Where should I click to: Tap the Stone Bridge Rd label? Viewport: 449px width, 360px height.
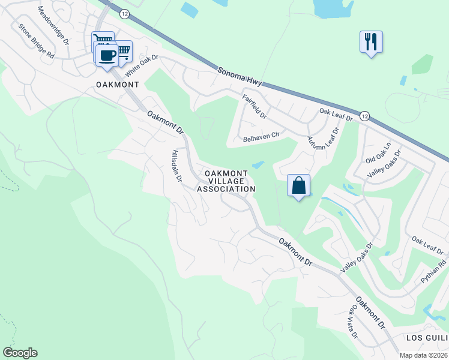tap(37, 40)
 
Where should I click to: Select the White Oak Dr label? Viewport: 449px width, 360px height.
tap(141, 65)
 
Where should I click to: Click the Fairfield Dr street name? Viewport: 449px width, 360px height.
tap(254, 106)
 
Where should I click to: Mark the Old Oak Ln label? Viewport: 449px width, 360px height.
tap(378, 154)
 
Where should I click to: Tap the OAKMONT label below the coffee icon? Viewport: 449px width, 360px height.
tap(118, 85)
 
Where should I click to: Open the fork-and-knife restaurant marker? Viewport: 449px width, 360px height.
tap(371, 42)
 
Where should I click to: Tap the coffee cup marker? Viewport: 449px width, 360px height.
tap(107, 56)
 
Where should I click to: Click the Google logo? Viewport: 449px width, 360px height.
tap(20, 353)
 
